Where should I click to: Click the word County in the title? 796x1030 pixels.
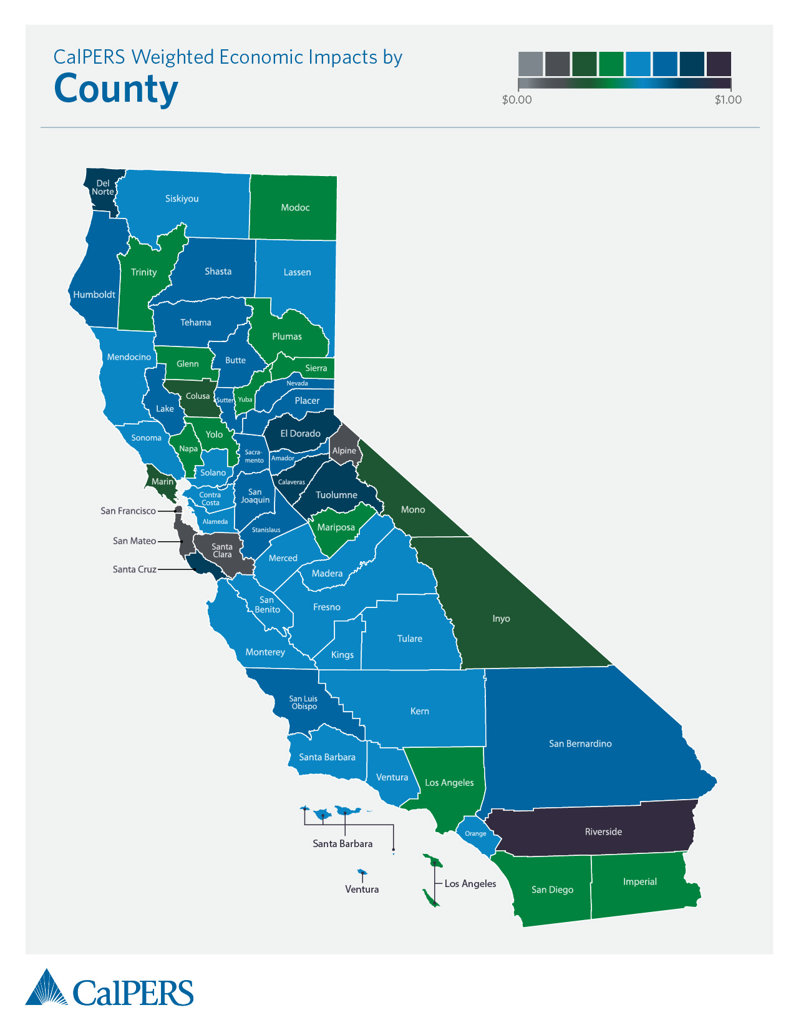pyautogui.click(x=116, y=89)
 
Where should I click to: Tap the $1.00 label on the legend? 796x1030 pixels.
pyautogui.click(x=728, y=100)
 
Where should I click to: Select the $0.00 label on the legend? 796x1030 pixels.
pyautogui.click(x=517, y=100)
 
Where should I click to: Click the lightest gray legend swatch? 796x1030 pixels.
pyautogui.click(x=530, y=64)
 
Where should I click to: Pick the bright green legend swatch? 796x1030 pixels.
pyautogui.click(x=611, y=64)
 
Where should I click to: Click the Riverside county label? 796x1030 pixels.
pyautogui.click(x=603, y=831)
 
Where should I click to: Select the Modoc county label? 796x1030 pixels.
pyautogui.click(x=295, y=207)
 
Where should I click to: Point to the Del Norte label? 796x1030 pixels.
pyautogui.click(x=103, y=187)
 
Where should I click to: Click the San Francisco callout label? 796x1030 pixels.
pyautogui.click(x=128, y=511)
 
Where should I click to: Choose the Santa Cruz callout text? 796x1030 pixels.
pyautogui.click(x=134, y=569)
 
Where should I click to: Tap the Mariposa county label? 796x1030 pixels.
pyautogui.click(x=336, y=527)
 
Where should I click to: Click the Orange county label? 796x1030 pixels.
pyautogui.click(x=475, y=833)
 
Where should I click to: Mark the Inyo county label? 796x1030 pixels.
pyautogui.click(x=501, y=619)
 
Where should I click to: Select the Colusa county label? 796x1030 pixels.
pyautogui.click(x=198, y=396)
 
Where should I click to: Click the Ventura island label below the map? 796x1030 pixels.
pyautogui.click(x=362, y=889)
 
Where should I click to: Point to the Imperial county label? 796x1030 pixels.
pyautogui.click(x=639, y=881)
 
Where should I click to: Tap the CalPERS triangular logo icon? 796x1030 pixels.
pyautogui.click(x=46, y=988)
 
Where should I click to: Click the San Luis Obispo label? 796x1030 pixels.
pyautogui.click(x=304, y=702)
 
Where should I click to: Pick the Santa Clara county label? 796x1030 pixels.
pyautogui.click(x=222, y=551)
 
